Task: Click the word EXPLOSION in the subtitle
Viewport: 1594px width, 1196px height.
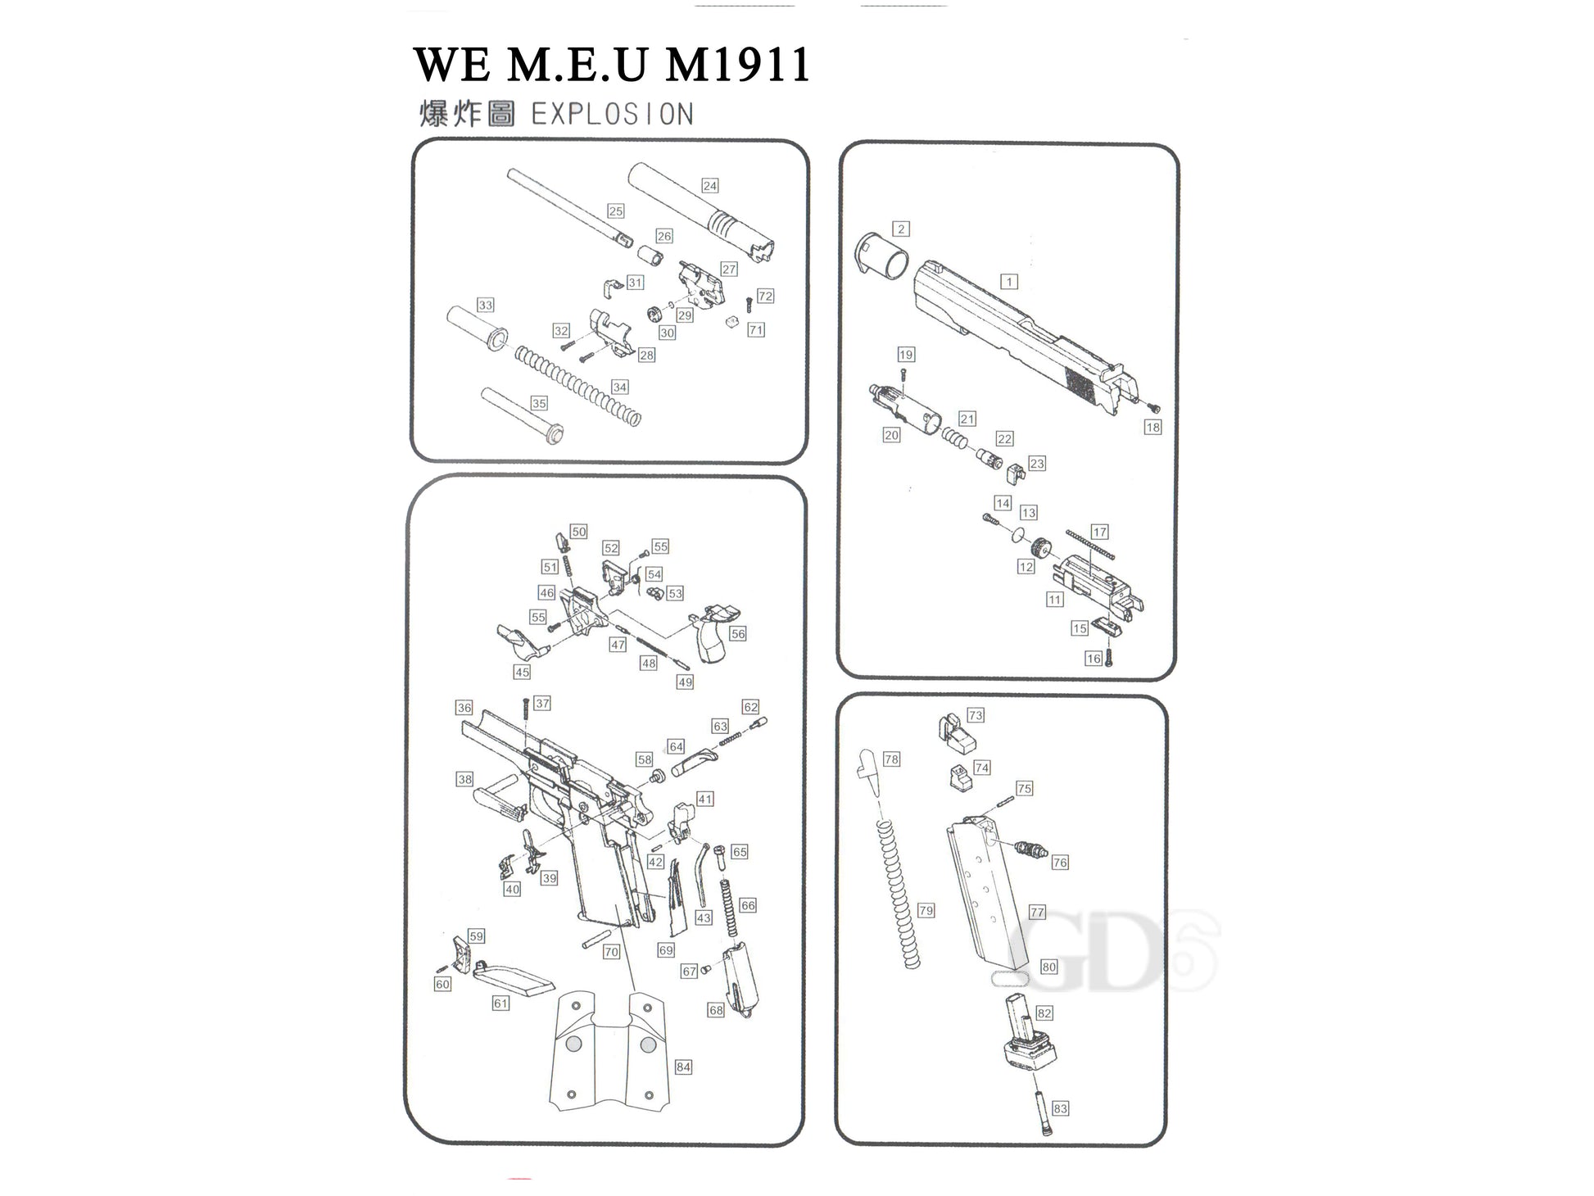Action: [x=612, y=114]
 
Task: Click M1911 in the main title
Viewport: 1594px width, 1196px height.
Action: [x=737, y=65]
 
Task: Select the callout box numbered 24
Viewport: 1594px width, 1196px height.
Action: [x=710, y=186]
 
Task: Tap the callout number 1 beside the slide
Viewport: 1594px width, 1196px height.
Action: [x=1009, y=282]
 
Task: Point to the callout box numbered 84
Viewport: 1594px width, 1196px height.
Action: [x=683, y=1067]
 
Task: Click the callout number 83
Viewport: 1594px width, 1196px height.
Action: [x=1061, y=1108]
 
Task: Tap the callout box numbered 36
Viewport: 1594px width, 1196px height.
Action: [x=464, y=708]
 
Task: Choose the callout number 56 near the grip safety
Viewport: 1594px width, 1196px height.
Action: [x=738, y=634]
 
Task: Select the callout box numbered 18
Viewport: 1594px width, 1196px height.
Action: [x=1153, y=427]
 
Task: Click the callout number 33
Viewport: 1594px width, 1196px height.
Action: [x=486, y=305]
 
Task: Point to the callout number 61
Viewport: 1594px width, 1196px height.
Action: [x=500, y=1003]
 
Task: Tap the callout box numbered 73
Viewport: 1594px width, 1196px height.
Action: [x=975, y=715]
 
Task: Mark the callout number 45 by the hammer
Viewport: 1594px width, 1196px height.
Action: [x=522, y=672]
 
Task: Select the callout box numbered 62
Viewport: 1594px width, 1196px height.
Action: [x=750, y=707]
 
